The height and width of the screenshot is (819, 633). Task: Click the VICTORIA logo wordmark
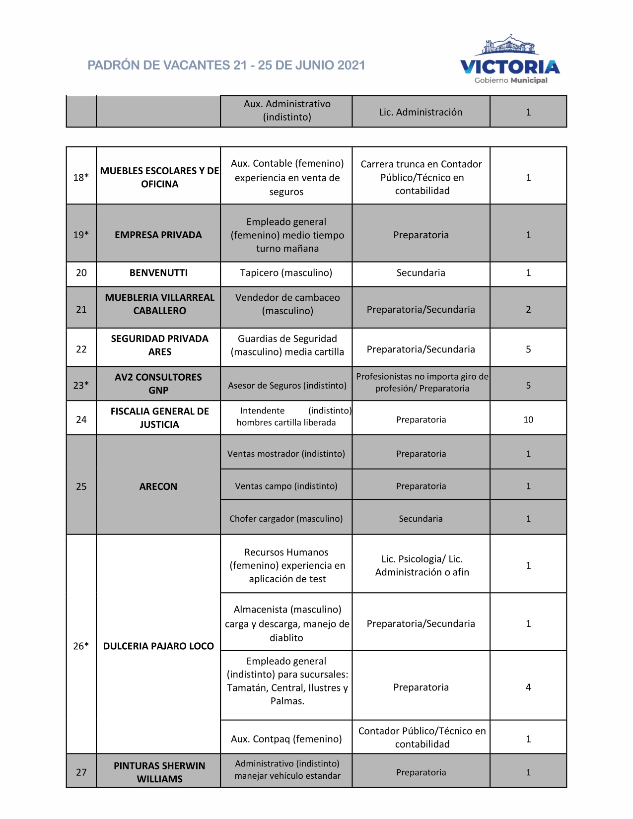pos(510,67)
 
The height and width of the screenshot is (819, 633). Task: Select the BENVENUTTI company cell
pos(158,273)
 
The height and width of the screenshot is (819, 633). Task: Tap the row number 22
pos(81,349)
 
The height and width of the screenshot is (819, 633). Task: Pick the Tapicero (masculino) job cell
pos(286,273)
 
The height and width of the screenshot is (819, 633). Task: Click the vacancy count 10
pos(528,420)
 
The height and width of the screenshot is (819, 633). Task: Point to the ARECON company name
pos(158,486)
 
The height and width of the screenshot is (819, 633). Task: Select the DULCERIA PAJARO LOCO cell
pos(158,646)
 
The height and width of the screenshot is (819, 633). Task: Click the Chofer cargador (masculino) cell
pos(286,519)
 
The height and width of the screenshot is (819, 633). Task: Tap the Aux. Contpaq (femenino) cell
pos(286,739)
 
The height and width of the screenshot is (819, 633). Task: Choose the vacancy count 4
pos(528,687)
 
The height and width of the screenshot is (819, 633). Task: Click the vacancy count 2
pos(528,310)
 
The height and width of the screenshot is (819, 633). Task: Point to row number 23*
pos(81,385)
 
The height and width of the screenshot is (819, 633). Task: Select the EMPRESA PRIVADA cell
pos(158,235)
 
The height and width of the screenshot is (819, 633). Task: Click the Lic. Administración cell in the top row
pos(421,112)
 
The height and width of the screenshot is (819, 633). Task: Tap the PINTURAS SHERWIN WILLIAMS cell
pos(159,772)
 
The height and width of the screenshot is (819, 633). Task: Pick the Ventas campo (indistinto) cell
pos(286,486)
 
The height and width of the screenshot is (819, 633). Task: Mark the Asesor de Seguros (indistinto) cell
pos(287,386)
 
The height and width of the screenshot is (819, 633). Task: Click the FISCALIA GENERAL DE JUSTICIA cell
pos(159,418)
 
